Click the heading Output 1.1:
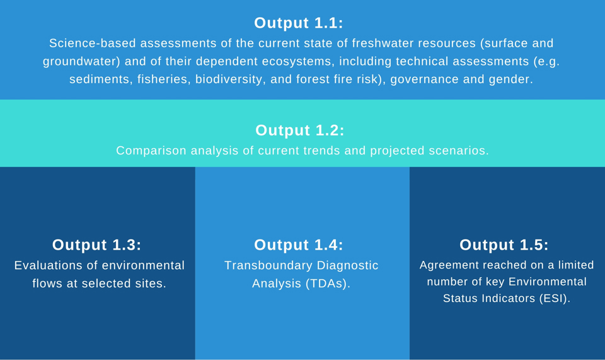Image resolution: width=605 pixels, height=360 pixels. pos(298,23)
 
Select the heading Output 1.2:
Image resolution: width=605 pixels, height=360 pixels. pos(300,130)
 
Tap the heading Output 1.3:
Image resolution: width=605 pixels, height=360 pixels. pos(97,245)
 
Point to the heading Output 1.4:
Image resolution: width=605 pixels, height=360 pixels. pos(298,245)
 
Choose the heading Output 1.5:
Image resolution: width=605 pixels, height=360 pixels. pos(504,245)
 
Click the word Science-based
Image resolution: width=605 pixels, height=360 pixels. pos(92,43)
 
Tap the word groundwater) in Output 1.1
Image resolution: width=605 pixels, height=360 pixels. pos(81,61)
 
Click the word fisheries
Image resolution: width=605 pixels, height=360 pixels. pos(163,79)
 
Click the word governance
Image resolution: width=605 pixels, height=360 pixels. pos(424,79)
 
